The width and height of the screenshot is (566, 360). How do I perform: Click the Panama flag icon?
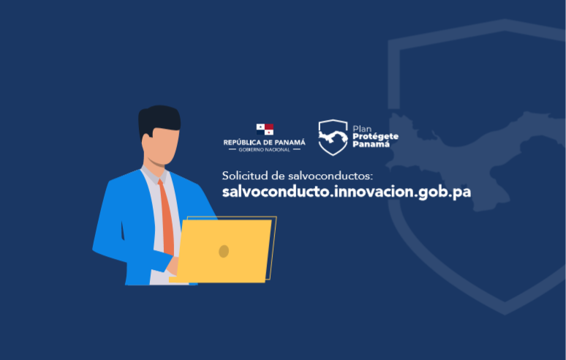tap(265, 130)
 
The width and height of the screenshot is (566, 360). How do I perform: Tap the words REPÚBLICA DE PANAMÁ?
tap(264, 142)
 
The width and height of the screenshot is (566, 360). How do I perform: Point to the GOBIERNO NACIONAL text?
tap(264, 150)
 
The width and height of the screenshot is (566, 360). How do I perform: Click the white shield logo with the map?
tap(333, 138)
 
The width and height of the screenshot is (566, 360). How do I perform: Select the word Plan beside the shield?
tap(362, 129)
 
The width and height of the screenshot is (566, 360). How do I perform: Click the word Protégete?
tap(375, 137)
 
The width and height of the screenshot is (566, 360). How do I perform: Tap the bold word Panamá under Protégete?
tap(371, 144)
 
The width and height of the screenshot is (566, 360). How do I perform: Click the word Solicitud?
tap(245, 176)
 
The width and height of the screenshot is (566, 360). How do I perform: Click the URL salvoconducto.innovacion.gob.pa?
tap(347, 192)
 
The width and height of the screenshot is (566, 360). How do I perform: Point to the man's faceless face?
tap(162, 146)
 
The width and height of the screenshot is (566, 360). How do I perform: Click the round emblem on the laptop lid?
tap(224, 251)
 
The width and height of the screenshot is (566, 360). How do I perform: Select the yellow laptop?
tap(223, 250)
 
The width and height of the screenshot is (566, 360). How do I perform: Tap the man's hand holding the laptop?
tap(172, 266)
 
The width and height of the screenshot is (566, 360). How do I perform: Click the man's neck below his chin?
tap(154, 162)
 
